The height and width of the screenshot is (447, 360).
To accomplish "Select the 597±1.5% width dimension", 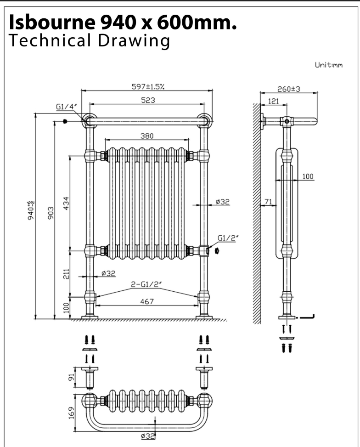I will tap(147, 85).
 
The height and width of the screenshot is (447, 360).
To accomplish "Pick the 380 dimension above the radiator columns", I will tap(147, 136).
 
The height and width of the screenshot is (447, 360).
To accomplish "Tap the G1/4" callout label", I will tap(65, 107).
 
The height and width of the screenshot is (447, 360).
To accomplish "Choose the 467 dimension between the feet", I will tap(147, 301).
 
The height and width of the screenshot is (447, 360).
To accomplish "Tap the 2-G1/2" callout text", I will tap(147, 284).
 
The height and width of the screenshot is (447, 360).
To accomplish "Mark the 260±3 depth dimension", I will tap(289, 89).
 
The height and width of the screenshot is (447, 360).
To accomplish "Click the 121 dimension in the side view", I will tap(273, 101).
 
